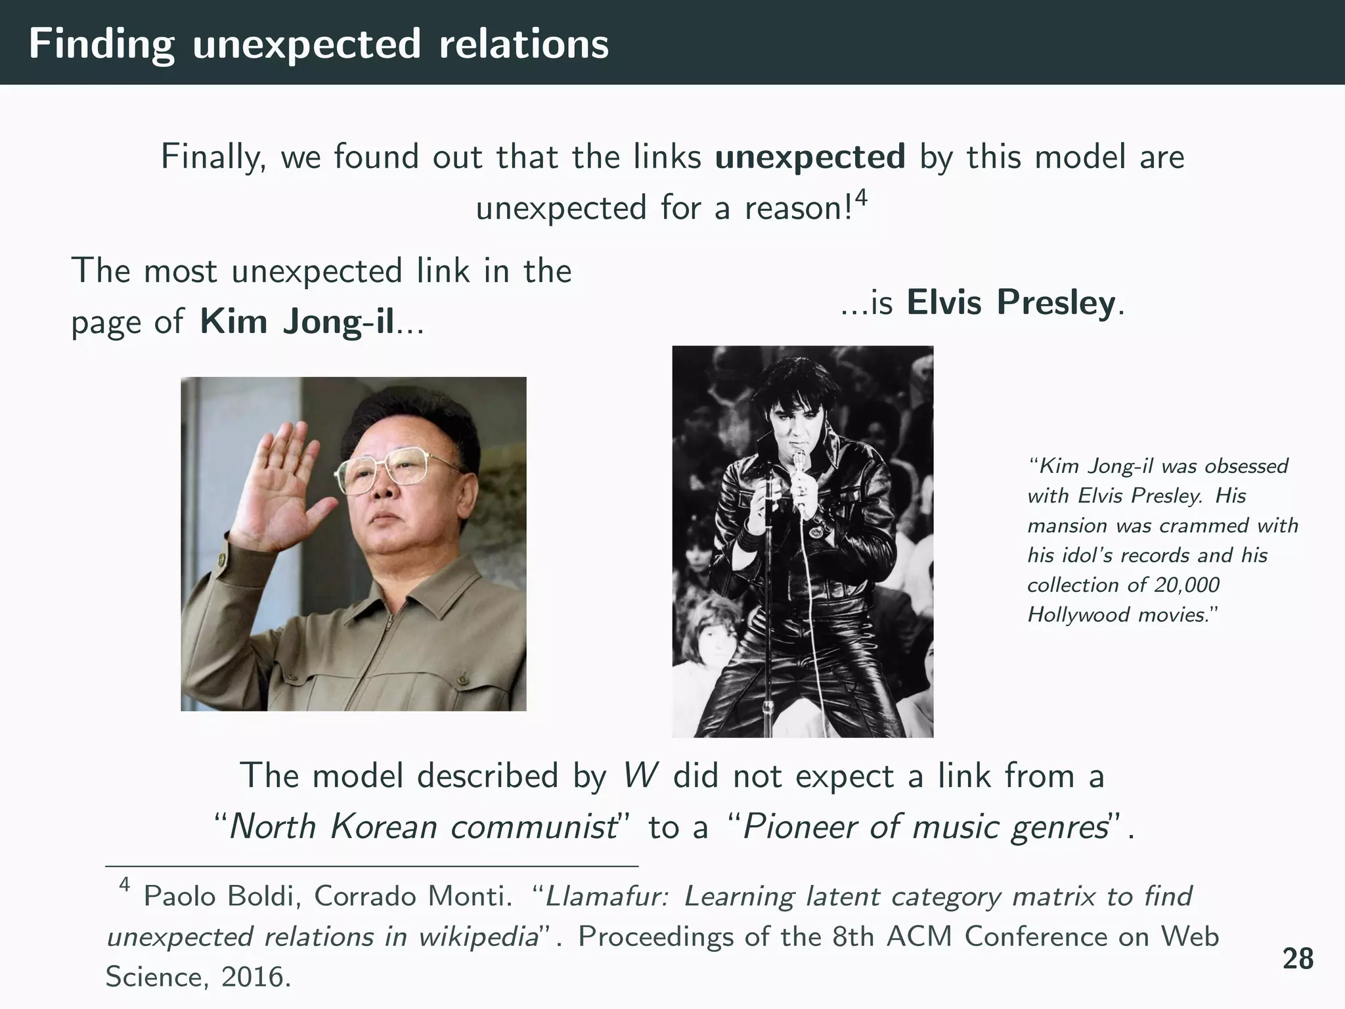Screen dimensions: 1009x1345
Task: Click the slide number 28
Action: pyautogui.click(x=1298, y=959)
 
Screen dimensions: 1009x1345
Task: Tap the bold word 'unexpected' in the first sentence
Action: pyautogui.click(x=810, y=158)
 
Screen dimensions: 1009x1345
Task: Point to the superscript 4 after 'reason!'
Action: pyautogui.click(x=861, y=198)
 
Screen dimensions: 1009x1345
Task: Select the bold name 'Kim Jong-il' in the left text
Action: pyautogui.click(x=298, y=322)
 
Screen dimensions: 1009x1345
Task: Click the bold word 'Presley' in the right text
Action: pyautogui.click(x=1055, y=303)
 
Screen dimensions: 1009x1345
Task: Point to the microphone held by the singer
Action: pyautogui.click(x=799, y=463)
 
